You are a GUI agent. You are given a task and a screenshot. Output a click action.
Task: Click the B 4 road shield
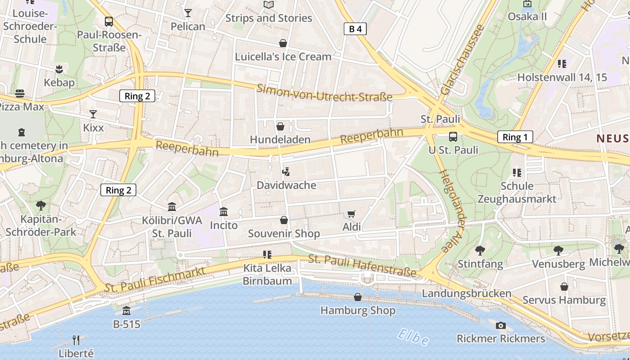(x=355, y=29)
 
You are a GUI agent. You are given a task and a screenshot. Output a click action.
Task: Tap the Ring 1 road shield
(x=515, y=137)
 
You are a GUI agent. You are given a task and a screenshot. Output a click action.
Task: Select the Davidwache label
(x=286, y=185)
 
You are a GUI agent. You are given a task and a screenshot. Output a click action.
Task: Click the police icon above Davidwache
(x=285, y=171)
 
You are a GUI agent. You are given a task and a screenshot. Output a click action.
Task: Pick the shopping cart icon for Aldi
(x=351, y=214)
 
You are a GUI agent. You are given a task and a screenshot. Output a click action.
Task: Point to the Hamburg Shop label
(x=358, y=310)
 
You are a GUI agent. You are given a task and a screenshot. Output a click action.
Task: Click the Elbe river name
(x=413, y=337)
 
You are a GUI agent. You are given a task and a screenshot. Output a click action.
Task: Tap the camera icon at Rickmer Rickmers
(x=500, y=325)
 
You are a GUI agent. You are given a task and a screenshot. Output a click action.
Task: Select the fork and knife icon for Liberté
(x=76, y=340)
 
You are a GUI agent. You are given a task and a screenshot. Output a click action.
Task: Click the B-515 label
(x=126, y=324)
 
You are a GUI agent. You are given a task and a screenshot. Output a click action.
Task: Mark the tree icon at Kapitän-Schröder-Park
(x=40, y=206)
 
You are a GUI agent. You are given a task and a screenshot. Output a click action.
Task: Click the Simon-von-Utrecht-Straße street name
(x=324, y=92)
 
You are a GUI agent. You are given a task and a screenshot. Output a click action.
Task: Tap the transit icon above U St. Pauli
(x=453, y=137)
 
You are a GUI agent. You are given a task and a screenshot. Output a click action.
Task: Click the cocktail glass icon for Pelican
(x=188, y=13)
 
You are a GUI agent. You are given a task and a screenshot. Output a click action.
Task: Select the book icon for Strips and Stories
(x=269, y=4)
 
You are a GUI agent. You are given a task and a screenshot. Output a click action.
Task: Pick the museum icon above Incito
(x=224, y=211)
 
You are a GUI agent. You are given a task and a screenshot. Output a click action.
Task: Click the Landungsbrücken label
(x=466, y=293)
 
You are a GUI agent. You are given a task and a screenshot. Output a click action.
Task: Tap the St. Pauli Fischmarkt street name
(x=155, y=279)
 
